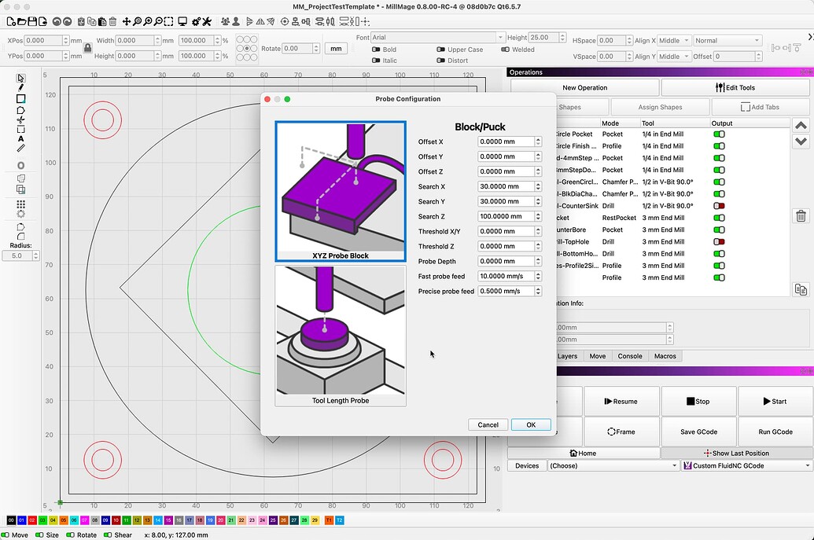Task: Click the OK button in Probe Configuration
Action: pyautogui.click(x=531, y=424)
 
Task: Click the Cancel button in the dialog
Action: pyautogui.click(x=488, y=424)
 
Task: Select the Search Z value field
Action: pyautogui.click(x=506, y=216)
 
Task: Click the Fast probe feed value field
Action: pyautogui.click(x=506, y=276)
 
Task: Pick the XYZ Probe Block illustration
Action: pyautogui.click(x=341, y=191)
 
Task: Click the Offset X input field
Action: pyautogui.click(x=506, y=141)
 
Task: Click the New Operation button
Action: pyautogui.click(x=584, y=87)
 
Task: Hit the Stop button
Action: pyautogui.click(x=698, y=401)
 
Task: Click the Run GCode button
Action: pyautogui.click(x=775, y=432)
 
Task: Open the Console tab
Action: pyautogui.click(x=629, y=356)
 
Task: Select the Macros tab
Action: pyautogui.click(x=665, y=356)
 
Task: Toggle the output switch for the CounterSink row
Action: pyautogui.click(x=719, y=206)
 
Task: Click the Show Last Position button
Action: pyautogui.click(x=736, y=453)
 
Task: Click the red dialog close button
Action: pyautogui.click(x=267, y=99)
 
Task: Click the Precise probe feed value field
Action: pyautogui.click(x=506, y=291)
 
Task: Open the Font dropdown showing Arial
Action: pyautogui.click(x=437, y=38)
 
